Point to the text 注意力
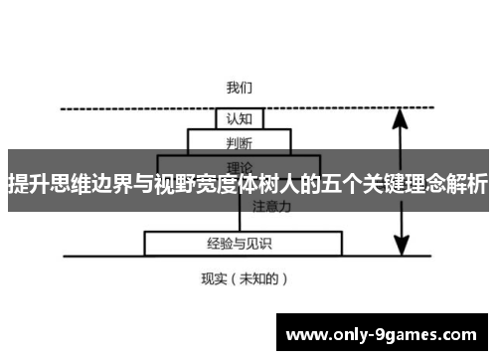tap(271, 208)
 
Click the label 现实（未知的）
tap(245, 278)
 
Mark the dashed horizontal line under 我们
tap(129, 107)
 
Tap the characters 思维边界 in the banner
tap(95, 184)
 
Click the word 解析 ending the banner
tap(467, 184)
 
